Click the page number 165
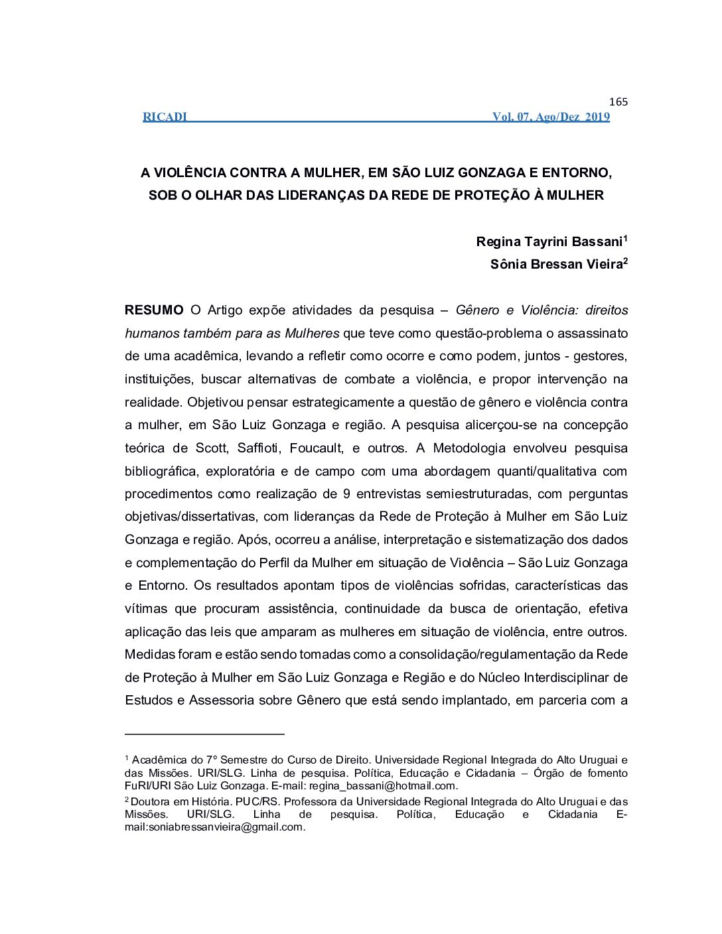[x=618, y=102]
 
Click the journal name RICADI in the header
[x=165, y=117]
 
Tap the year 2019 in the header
[x=597, y=117]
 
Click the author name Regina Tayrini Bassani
[x=549, y=242]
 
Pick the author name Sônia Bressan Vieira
[x=556, y=265]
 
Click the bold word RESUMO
[x=154, y=310]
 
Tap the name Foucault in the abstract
[x=316, y=448]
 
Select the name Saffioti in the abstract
[x=259, y=448]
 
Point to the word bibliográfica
[x=161, y=472]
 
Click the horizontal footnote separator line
[x=204, y=734]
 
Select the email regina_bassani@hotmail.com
[x=382, y=786]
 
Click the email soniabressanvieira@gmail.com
[x=214, y=827]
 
